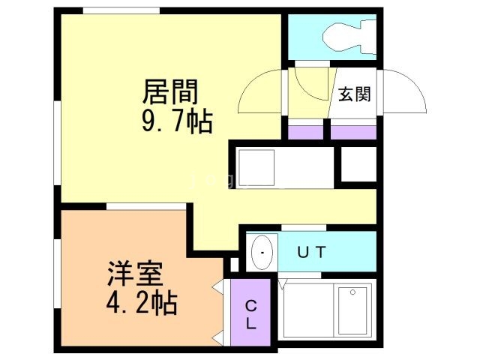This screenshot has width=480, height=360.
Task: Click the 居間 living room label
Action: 171,93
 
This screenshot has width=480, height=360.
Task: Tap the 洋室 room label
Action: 134,274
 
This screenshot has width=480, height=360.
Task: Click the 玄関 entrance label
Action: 354,94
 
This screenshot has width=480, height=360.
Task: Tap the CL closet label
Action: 251,315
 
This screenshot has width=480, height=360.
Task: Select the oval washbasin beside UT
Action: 261,252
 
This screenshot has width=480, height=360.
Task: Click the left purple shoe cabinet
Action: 305,131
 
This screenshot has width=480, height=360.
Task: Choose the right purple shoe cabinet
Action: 352,131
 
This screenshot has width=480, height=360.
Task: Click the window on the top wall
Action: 121,10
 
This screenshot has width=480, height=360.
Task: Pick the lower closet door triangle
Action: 218,335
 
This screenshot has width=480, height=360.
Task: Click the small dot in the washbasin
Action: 261,253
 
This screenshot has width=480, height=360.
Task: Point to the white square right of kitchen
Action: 358,163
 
